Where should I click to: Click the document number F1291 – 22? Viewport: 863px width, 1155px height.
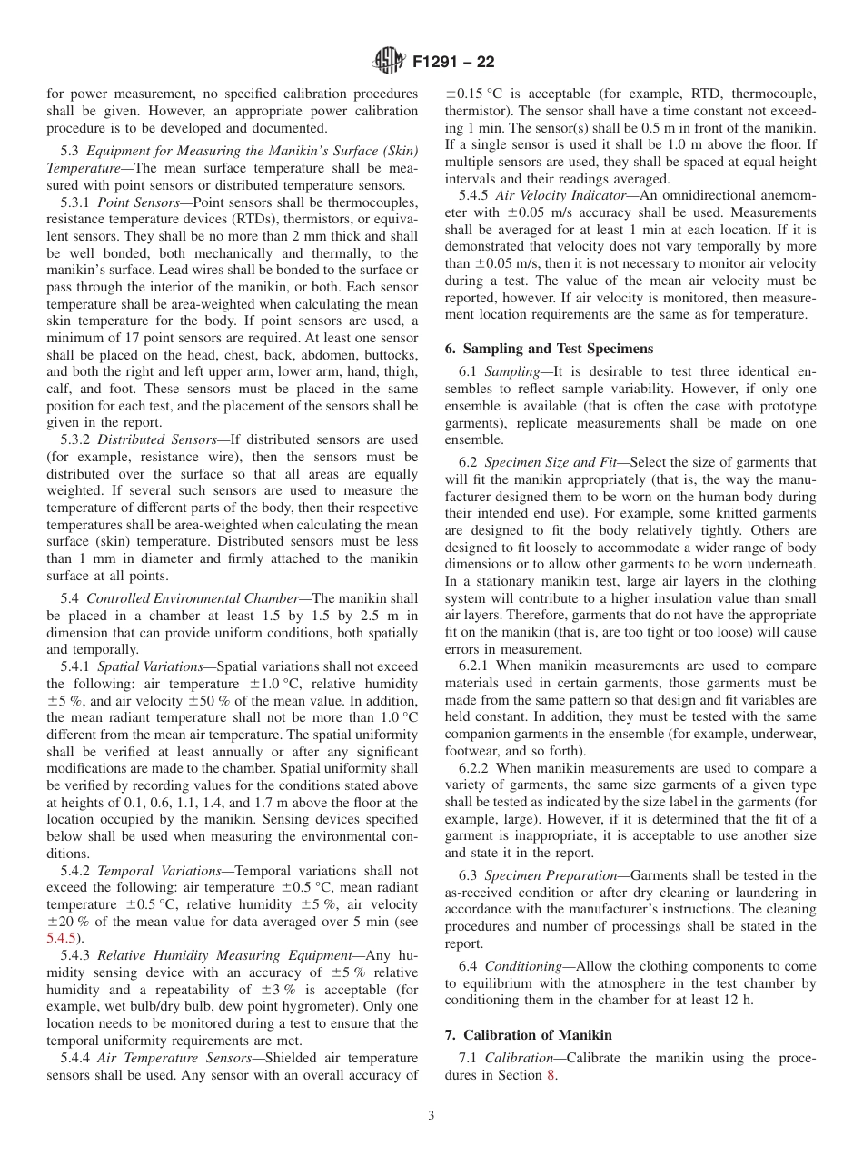click(x=453, y=63)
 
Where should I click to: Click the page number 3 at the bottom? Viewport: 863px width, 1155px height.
click(x=431, y=1116)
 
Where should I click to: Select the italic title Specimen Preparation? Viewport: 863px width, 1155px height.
click(x=551, y=875)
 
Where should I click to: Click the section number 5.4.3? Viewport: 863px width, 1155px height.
click(x=75, y=955)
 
